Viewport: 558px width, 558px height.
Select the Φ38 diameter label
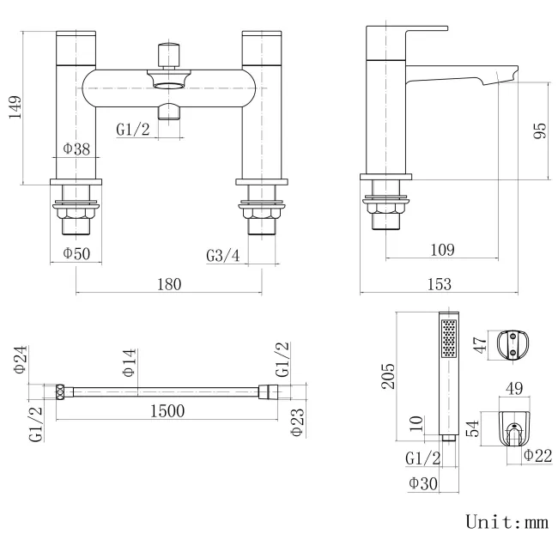point(76,149)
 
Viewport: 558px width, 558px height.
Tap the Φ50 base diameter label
point(76,253)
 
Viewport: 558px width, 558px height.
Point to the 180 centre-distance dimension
point(168,284)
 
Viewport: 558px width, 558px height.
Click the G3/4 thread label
point(223,255)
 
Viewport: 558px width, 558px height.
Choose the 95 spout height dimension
point(539,130)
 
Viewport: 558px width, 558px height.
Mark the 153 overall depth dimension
point(435,284)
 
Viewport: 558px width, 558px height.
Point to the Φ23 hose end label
point(296,422)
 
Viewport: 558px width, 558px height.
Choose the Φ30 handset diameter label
point(422,483)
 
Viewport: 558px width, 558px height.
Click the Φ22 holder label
point(537,455)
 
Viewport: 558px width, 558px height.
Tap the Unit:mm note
point(506,521)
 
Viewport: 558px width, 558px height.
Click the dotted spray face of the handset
point(447,340)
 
